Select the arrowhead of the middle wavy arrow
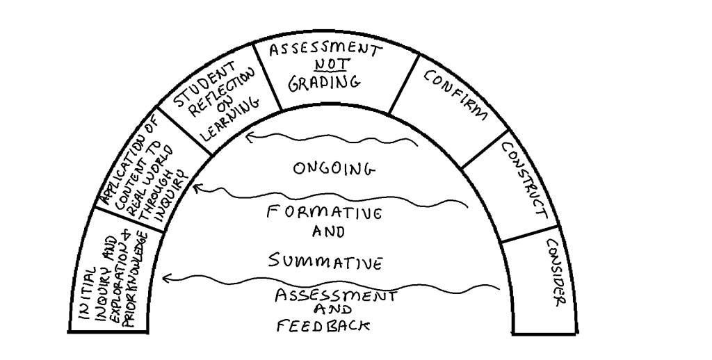click(197, 186)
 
